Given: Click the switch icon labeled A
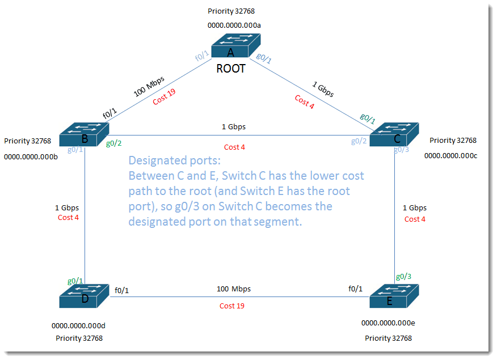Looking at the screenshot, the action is (x=236, y=45).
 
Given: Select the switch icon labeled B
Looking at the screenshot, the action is (x=84, y=134).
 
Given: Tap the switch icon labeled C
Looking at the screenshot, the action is (x=394, y=134).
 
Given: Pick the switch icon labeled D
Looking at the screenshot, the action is (x=84, y=296).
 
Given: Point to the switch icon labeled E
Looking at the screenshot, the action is (x=394, y=296).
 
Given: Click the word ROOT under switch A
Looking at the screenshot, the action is (x=231, y=69).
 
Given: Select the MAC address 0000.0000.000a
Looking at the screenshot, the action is (x=234, y=26).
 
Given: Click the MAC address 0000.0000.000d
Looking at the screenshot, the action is (x=78, y=326).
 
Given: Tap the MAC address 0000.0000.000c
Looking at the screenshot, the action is (x=450, y=156).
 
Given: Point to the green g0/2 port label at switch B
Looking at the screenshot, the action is (x=114, y=143).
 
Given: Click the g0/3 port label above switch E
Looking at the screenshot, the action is (x=403, y=277).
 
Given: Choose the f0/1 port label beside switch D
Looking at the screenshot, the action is (x=122, y=290).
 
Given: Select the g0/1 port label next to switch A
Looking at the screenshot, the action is (x=264, y=58).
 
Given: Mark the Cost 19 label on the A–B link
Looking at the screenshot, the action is (x=164, y=96).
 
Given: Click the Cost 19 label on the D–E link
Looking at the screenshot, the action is (x=232, y=306).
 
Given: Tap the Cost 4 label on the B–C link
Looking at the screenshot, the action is (x=234, y=147).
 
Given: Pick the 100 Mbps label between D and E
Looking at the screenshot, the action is (x=234, y=289).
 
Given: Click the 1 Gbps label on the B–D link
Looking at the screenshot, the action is (x=67, y=208).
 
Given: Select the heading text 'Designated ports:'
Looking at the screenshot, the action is (x=175, y=160).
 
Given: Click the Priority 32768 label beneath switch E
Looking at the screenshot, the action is (x=388, y=338).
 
